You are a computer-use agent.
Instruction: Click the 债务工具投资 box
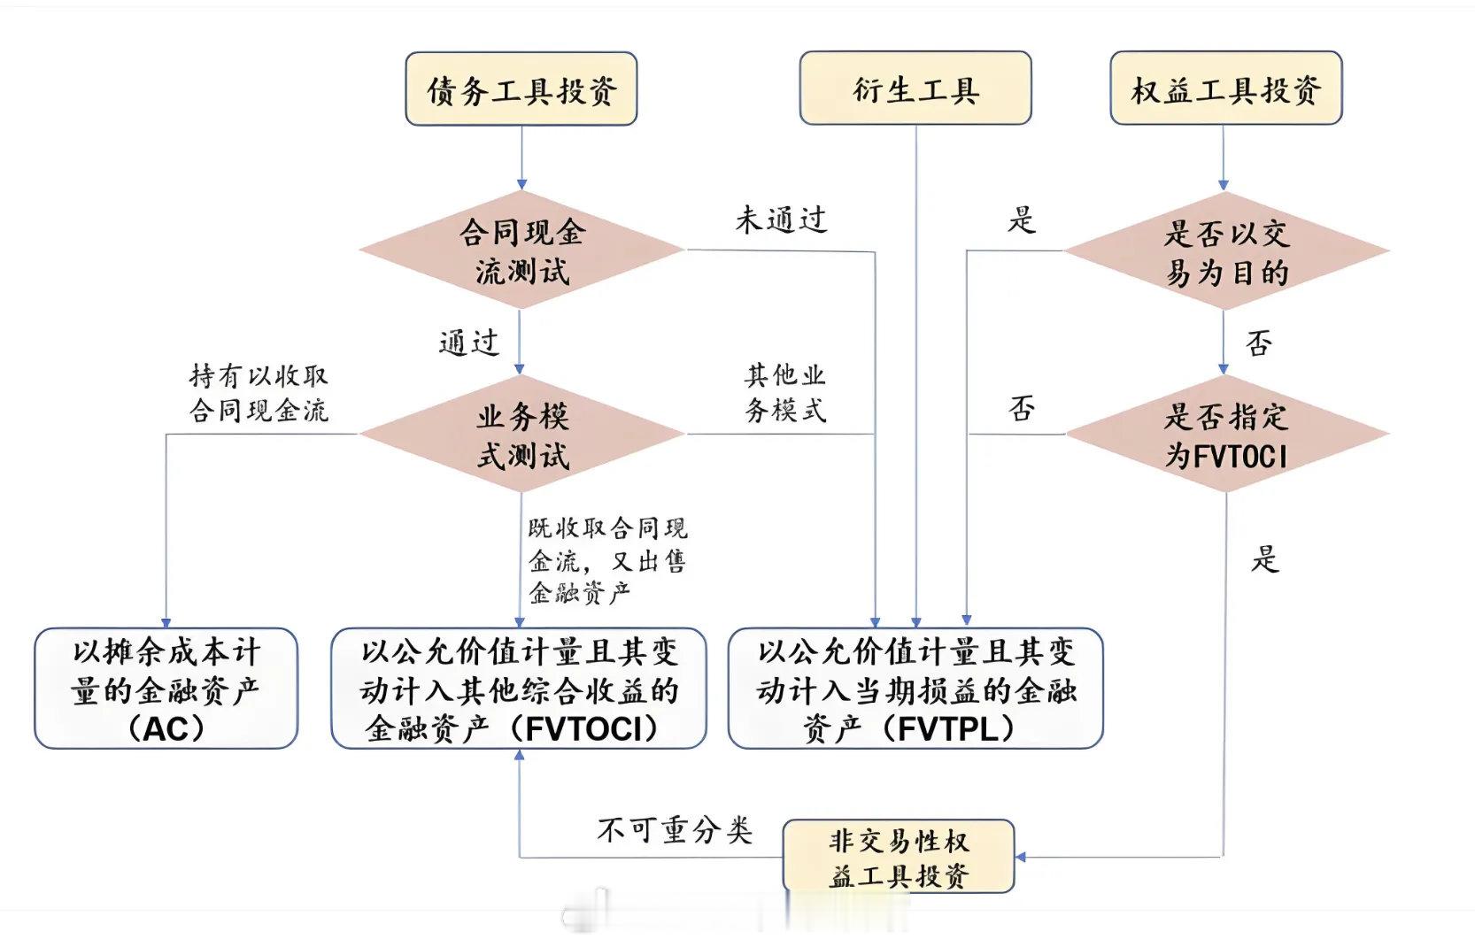pos(521,89)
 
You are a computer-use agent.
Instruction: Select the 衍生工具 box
pos(915,89)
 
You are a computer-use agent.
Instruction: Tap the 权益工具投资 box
pos(1225,89)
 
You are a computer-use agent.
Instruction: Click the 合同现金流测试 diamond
pos(521,250)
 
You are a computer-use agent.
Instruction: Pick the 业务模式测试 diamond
pos(521,435)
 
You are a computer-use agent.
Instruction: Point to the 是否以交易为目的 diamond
pos(1226,252)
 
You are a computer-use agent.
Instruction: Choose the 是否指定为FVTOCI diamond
pos(1226,435)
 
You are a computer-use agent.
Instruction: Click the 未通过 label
pos(781,219)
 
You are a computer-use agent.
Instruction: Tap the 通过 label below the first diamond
pos(469,343)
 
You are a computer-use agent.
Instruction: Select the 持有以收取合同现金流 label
pos(259,393)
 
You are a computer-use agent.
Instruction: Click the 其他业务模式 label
pos(785,392)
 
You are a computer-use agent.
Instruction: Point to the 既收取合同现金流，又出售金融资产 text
pos(607,560)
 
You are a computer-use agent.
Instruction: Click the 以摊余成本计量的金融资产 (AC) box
pos(166,689)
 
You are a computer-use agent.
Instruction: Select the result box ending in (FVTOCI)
pos(519,689)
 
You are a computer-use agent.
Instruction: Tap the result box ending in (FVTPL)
pos(915,689)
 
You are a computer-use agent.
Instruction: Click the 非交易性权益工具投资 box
pos(899,857)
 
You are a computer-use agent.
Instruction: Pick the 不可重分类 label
pos(675,830)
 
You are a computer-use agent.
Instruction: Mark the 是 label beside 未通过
pos(1022,219)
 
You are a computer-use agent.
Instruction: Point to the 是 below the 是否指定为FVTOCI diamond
pos(1265,559)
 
